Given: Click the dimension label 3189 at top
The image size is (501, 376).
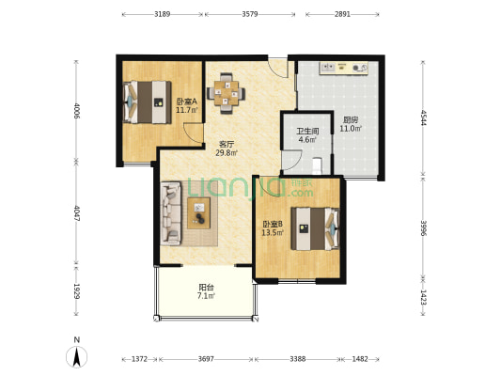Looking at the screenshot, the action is (x=162, y=14).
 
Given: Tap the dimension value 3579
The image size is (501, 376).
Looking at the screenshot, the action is (x=249, y=14).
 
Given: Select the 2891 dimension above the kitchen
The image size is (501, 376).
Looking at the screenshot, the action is (x=342, y=14).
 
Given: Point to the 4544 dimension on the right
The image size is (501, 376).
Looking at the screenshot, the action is (x=423, y=117).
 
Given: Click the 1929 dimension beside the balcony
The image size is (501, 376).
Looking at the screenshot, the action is (x=77, y=291).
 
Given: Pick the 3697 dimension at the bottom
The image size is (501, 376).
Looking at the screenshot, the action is (x=206, y=359).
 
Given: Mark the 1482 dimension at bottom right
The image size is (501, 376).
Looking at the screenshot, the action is (x=360, y=359).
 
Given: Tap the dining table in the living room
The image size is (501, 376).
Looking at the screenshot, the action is (x=227, y=93).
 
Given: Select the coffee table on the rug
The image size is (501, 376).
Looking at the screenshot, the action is (x=198, y=213).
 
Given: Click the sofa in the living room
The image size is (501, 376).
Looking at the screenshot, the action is (x=171, y=213).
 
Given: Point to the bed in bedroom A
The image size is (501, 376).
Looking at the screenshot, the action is (x=148, y=102).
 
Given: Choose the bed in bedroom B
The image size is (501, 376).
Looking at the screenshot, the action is (x=315, y=228).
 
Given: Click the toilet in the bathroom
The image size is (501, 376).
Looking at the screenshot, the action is (x=317, y=165).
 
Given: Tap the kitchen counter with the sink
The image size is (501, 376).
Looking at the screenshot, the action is (x=344, y=68).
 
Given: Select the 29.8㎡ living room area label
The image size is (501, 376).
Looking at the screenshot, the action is (x=227, y=153).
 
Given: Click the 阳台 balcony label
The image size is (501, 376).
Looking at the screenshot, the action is (x=206, y=288).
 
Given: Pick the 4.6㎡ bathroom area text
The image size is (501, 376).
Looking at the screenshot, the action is (x=307, y=140).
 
